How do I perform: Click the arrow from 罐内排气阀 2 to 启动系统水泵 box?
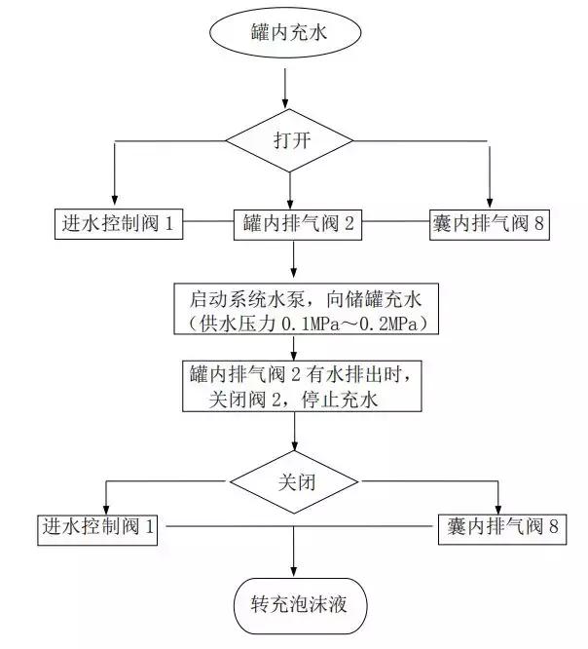pyautogui.click(x=294, y=261)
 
